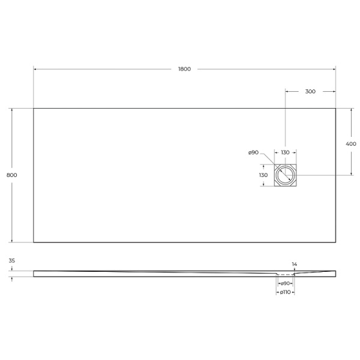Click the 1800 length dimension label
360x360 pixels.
pos(184,69)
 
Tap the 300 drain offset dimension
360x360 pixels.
pos(310,91)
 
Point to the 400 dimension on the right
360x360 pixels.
pos(351,144)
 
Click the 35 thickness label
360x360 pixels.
pos(12,262)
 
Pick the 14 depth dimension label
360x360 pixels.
pos(294,264)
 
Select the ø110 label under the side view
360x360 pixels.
pos(285,292)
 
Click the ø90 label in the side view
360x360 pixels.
pos(286,283)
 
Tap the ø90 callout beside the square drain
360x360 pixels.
pos(253,152)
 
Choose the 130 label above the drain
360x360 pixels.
pos(285,152)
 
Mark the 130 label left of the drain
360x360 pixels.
pos(263,175)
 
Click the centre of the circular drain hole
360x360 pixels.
pos(285,175)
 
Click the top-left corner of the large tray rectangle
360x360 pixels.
pos(34,108)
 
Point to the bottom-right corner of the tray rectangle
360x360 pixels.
pos(335,242)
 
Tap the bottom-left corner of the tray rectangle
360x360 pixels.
pos(34,242)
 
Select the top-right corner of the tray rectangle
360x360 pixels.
pos(335,108)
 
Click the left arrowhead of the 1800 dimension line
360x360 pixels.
pos(35,69)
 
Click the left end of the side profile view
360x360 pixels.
pos(34,274)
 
